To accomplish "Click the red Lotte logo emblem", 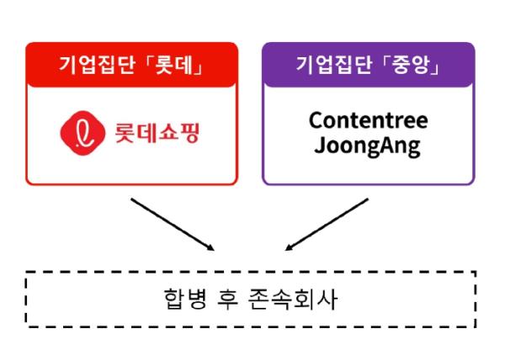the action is pos(82,133).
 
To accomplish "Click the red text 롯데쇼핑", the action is pos(157,133).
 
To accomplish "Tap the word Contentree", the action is pos(369,120).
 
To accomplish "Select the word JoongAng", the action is pos(367,146).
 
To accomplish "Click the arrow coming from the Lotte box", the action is pos(173,225).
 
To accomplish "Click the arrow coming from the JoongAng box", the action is pos(327,225).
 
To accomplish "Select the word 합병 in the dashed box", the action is pos(185,299).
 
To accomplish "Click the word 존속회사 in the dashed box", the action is pos(294,299).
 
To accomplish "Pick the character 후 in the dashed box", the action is pos(228,299).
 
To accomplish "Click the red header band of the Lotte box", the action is pos(132,65).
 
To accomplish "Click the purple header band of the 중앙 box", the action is pos(369,65).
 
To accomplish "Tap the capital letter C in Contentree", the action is pos(316,120).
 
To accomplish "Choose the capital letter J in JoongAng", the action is pos(319,146).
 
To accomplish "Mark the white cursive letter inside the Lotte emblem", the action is pos(82,133).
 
